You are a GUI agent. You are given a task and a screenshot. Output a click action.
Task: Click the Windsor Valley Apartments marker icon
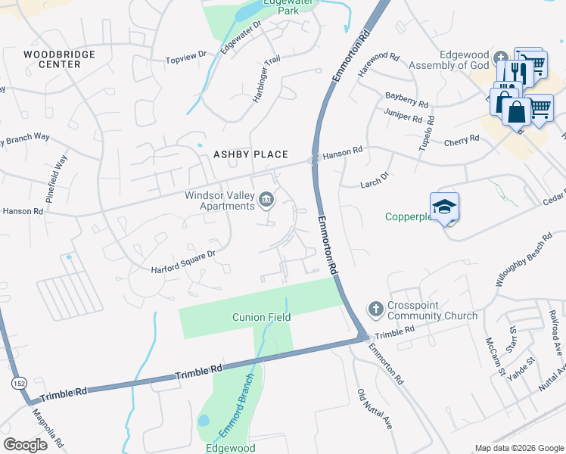(266, 200)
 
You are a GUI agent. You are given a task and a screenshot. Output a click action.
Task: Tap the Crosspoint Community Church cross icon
(375, 308)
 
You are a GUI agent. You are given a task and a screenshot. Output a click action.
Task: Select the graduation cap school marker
(444, 206)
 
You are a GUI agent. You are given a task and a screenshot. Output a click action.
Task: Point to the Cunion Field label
(261, 317)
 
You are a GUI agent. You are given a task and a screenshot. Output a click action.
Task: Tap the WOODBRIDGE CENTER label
(52, 59)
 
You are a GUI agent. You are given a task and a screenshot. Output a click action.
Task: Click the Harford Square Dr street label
(184, 261)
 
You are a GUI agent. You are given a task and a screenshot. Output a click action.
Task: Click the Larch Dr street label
(375, 176)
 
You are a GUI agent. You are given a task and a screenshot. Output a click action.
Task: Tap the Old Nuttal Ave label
(374, 409)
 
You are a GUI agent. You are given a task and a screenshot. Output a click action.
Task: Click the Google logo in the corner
(25, 444)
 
